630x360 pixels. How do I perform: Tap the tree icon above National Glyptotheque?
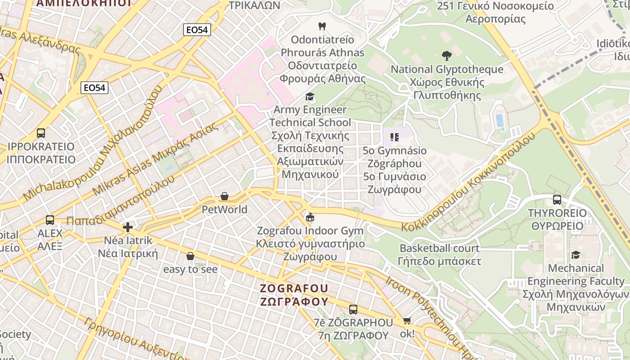[x=447, y=56]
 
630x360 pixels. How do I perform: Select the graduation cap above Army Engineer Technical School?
[x=310, y=96]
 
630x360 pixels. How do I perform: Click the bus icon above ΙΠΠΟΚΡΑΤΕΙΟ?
[x=41, y=133]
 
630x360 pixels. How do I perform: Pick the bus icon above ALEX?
[x=50, y=220]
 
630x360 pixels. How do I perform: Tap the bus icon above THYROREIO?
[x=557, y=200]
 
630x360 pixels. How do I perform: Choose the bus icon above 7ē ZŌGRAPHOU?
[x=353, y=310]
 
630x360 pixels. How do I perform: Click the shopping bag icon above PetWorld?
[x=225, y=196]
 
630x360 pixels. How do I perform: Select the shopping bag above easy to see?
[x=190, y=256]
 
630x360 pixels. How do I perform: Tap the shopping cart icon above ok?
[x=407, y=320]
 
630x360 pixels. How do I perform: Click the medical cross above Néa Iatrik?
[x=128, y=227]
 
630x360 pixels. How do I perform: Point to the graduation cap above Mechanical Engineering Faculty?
[x=576, y=255]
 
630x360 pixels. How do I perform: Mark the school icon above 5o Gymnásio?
[x=395, y=137]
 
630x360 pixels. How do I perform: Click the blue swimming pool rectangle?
[x=499, y=120]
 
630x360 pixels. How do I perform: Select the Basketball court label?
[x=440, y=248]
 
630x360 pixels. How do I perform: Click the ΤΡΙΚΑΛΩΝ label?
[x=254, y=5]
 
